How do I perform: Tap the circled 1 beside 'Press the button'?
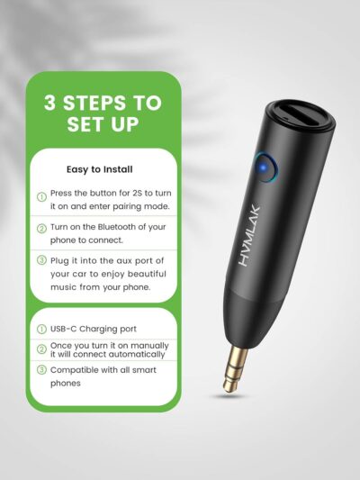[x=41, y=196]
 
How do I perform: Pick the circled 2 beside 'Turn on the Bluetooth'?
[x=41, y=229]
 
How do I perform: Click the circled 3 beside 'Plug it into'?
[x=41, y=261]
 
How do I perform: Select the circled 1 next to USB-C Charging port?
[x=41, y=329]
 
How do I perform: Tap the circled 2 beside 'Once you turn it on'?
[x=41, y=349]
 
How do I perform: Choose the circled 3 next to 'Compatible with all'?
[x=41, y=370]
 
